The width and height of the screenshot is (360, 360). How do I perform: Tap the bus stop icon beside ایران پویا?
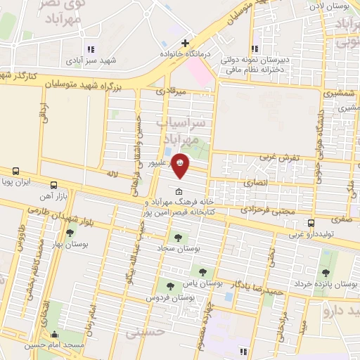click(15, 171)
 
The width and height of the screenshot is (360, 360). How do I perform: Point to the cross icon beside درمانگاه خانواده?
click(186, 43)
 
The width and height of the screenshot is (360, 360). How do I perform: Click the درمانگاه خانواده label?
click(181, 53)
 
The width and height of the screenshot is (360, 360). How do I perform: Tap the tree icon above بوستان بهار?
click(70, 233)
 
